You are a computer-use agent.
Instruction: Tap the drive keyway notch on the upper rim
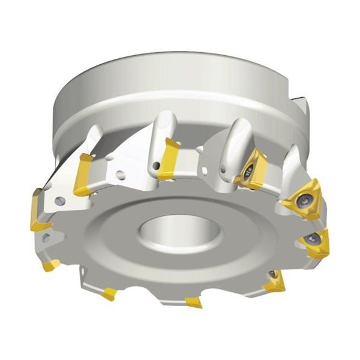[x=301, y=109]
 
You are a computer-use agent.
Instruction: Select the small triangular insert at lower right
[x=275, y=280]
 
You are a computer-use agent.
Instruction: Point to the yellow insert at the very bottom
[x=194, y=301]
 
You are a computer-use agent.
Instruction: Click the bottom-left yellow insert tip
[x=109, y=293]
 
